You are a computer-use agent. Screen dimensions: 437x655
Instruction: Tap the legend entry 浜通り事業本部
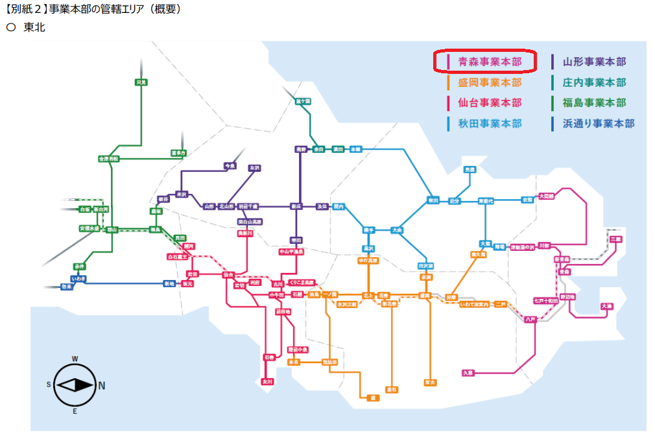599,123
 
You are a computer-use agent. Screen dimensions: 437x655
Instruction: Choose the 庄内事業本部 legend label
594,82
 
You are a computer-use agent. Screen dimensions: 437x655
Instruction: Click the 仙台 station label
228,274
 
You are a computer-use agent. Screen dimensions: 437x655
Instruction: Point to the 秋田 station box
433,200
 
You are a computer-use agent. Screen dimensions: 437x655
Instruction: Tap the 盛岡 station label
425,295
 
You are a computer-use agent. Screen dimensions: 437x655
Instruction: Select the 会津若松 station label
109,158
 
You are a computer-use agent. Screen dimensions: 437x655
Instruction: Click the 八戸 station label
530,319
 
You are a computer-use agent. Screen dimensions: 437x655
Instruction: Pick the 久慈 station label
468,373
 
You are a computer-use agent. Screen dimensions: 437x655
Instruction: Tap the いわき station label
78,278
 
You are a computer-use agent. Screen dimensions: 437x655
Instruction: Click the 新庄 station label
296,206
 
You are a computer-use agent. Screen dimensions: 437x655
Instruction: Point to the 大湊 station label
606,305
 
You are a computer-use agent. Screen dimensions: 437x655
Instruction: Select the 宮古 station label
429,382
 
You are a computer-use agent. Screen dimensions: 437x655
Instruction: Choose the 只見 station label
141,82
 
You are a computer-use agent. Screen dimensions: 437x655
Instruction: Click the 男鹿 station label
470,169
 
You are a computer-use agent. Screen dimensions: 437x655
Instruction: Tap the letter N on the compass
101,386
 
